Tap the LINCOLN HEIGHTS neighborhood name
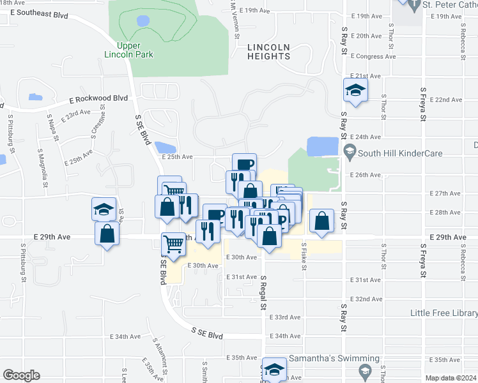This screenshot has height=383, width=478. click(268, 52)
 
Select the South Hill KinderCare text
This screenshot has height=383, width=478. click(400, 153)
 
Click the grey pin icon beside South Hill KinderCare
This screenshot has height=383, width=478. click(349, 153)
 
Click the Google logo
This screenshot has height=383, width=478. click(21, 375)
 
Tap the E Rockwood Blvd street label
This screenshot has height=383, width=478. click(98, 99)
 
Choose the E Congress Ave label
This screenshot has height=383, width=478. click(374, 56)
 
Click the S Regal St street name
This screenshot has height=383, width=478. click(263, 291)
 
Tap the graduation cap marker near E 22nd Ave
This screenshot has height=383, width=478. click(355, 89)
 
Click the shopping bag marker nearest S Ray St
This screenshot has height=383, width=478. click(322, 221)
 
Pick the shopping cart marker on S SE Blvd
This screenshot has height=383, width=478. click(174, 243)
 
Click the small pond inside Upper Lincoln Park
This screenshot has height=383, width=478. click(143, 20)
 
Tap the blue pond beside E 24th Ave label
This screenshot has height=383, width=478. click(323, 147)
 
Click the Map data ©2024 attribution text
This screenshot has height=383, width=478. click(451, 378)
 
